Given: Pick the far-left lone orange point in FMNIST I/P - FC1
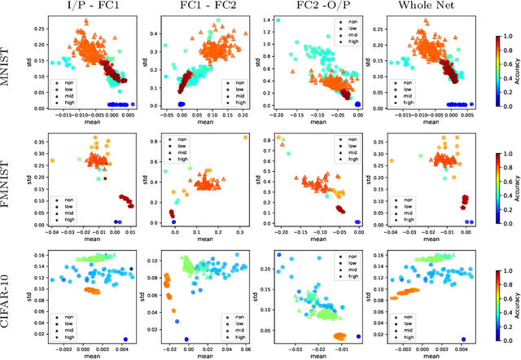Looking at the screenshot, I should coord(52,160).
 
